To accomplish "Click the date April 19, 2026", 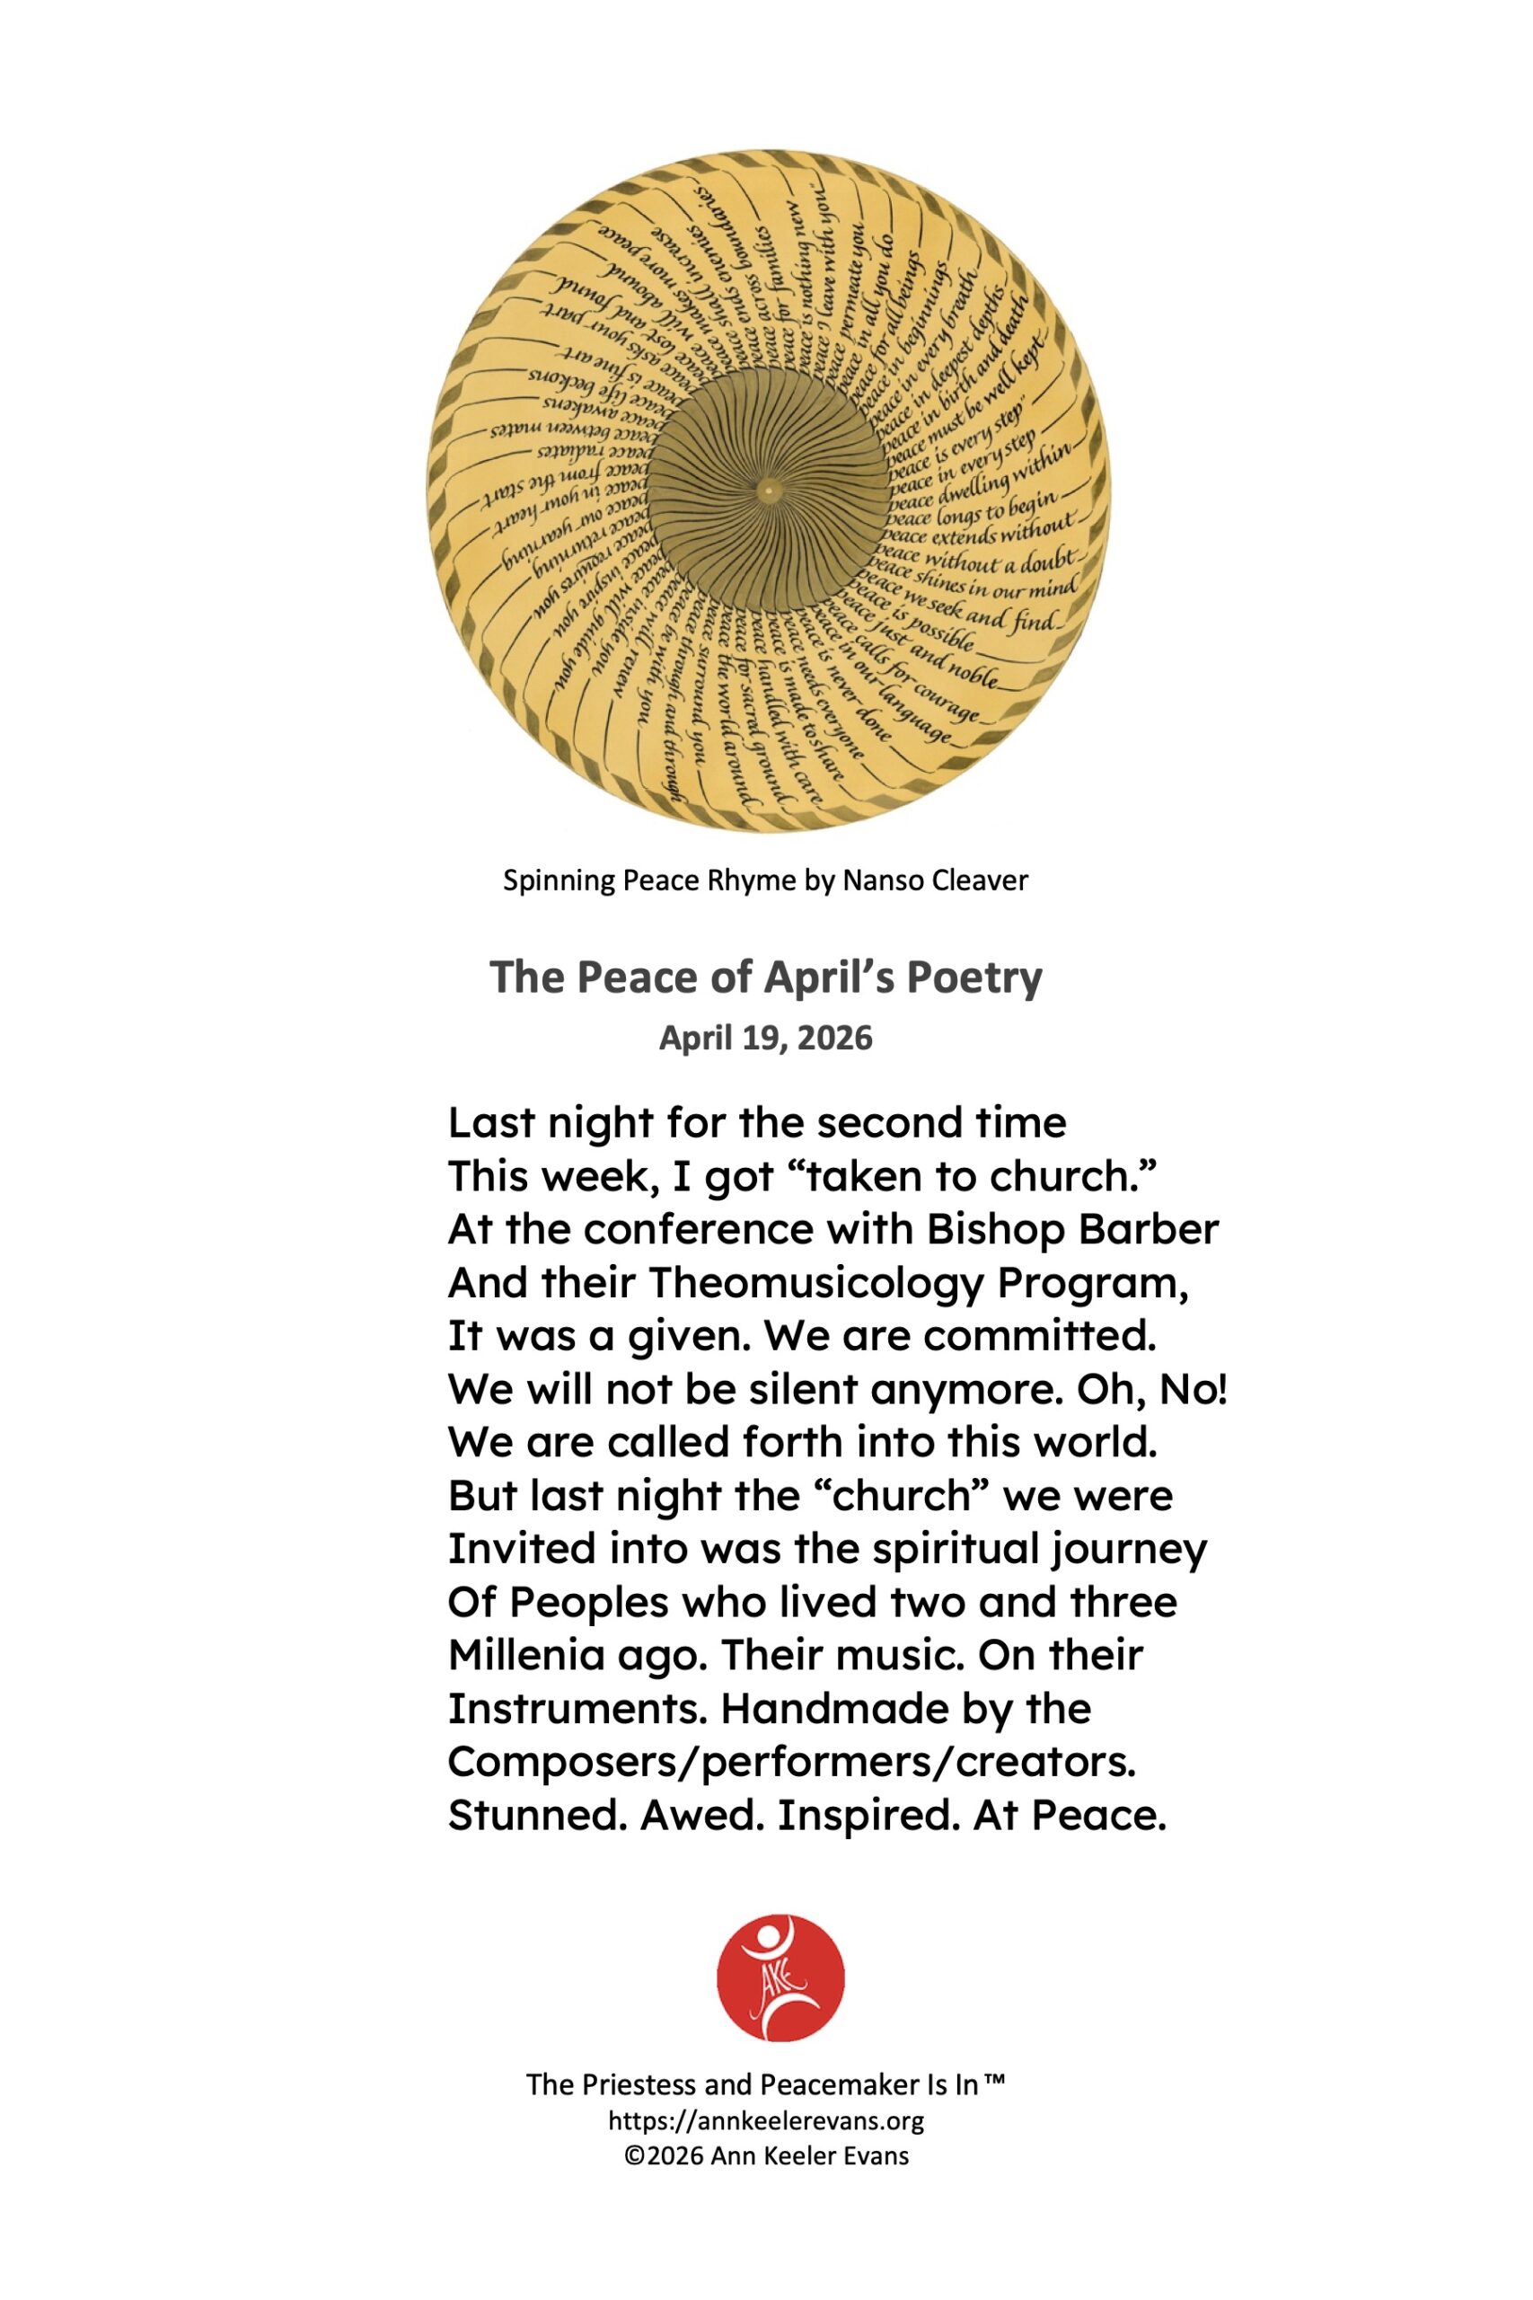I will click(765, 1038).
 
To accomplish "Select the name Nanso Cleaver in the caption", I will click(935, 881).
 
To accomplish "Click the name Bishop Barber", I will click(1072, 1229).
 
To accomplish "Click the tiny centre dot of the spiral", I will click(769, 490).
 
